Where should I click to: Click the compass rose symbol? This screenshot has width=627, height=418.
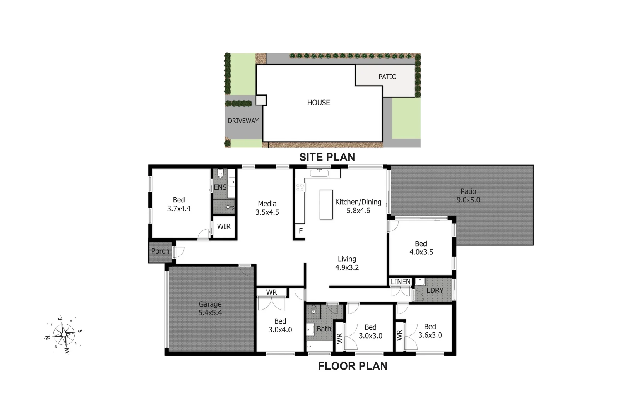[x=64, y=334]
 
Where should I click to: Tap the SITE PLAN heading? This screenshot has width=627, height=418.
[x=327, y=157]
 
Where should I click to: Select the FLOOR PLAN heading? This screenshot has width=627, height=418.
[x=353, y=366]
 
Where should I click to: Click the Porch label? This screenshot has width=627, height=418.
[x=160, y=251]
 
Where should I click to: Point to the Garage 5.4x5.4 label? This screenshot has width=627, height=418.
[x=210, y=308]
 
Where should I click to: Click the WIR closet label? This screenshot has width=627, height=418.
[x=224, y=227]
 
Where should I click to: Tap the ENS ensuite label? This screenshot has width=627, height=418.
[x=220, y=187]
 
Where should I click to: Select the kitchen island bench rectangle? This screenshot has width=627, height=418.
[x=326, y=204]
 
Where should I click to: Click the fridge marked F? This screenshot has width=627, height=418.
[x=300, y=231]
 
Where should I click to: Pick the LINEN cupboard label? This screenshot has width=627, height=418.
[x=401, y=282]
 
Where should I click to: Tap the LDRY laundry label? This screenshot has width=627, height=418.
[x=435, y=290]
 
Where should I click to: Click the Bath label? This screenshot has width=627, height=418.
[x=324, y=329]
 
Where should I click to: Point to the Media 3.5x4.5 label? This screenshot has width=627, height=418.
[x=267, y=208]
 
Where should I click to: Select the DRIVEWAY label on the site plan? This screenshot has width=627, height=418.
[x=243, y=121]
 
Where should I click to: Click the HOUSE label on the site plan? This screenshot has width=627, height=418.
[x=319, y=103]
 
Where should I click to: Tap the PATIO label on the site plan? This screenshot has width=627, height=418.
[x=387, y=77]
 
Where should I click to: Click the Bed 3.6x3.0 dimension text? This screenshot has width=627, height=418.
[x=430, y=335]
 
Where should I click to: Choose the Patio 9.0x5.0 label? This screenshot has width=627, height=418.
[x=468, y=196]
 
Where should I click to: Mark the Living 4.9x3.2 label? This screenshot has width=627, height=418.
[x=347, y=263]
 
